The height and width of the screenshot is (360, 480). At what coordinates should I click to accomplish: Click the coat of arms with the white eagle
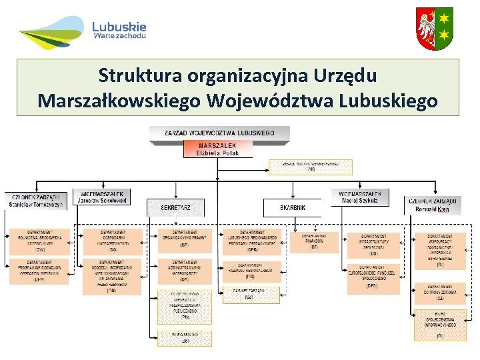pos(434,29)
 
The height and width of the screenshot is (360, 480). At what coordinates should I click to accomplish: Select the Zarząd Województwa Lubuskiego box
pos(219,133)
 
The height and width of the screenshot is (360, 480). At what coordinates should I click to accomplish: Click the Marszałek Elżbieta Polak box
pos(219,149)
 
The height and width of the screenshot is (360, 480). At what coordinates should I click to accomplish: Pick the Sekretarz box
pos(175,208)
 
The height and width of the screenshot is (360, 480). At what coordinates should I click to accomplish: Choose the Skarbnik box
pos(293,208)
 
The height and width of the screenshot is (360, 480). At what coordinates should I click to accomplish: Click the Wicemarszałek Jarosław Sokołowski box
pos(102,197)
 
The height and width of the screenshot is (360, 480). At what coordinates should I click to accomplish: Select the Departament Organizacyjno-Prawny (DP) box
pos(184,241)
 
